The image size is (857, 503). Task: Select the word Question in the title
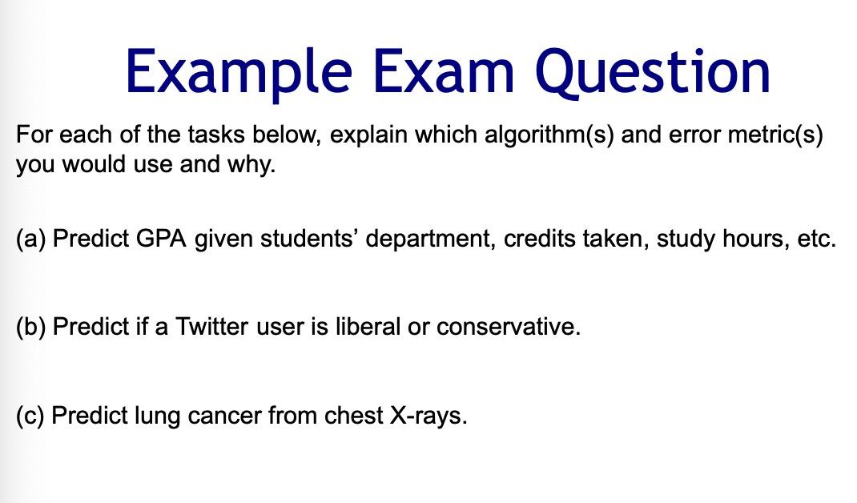tap(654, 70)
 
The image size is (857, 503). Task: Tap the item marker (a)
tap(30, 239)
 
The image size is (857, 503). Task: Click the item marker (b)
tap(30, 328)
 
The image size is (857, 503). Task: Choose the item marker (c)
tap(30, 416)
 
